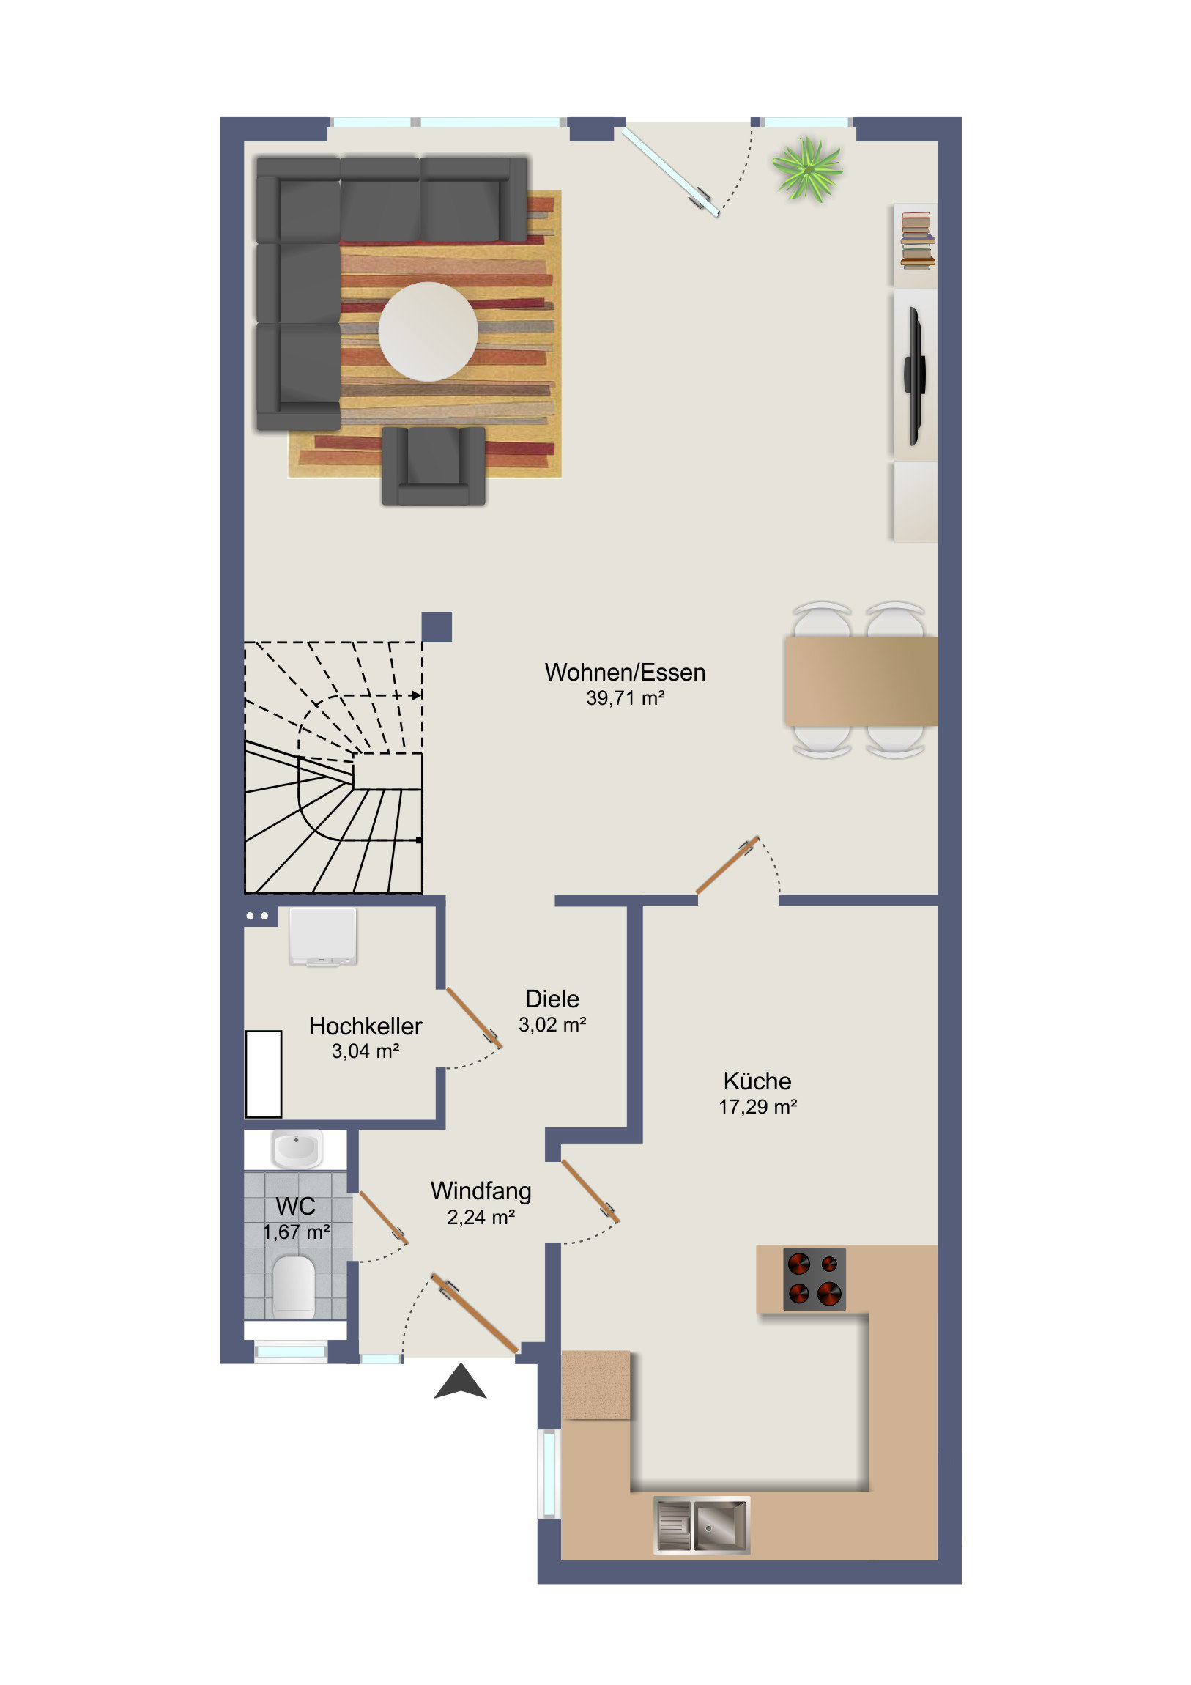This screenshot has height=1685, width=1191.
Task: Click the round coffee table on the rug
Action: [428, 332]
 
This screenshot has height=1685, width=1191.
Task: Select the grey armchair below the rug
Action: [434, 465]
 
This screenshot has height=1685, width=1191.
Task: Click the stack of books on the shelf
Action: [917, 240]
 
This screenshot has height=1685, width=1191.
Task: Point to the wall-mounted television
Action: [914, 377]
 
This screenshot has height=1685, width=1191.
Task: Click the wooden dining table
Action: [861, 681]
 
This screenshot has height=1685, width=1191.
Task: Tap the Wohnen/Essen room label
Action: [625, 673]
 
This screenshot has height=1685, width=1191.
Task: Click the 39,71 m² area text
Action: [626, 698]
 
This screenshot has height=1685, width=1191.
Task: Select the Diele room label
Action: [552, 999]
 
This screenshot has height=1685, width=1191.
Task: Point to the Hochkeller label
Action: [366, 1026]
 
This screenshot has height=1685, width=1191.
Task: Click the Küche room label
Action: [757, 1081]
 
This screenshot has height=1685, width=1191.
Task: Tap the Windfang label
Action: [481, 1190]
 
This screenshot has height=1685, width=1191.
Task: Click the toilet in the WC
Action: [294, 1286]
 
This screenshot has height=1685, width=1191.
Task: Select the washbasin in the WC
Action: [297, 1149]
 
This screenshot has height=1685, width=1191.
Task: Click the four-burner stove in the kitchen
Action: [815, 1279]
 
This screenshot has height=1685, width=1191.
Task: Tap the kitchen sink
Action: [702, 1526]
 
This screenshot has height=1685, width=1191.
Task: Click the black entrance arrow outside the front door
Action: [460, 1380]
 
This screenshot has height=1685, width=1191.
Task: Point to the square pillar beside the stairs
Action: [437, 626]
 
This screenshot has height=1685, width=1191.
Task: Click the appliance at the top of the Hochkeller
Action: [323, 936]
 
